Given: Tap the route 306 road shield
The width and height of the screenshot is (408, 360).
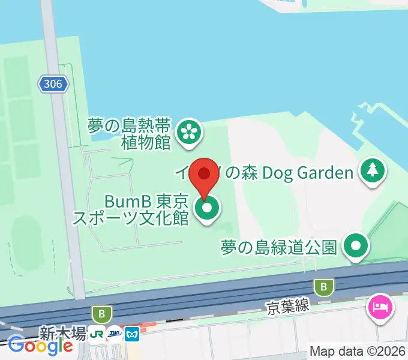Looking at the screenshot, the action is (x=53, y=84).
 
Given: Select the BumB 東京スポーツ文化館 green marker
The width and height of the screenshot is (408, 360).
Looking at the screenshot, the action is (x=207, y=210).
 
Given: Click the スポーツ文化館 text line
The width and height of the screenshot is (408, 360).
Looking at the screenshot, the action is (x=131, y=217).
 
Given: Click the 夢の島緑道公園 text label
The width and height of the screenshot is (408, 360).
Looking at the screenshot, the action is (x=278, y=247).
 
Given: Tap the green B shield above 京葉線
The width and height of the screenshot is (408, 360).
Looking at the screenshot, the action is (x=325, y=287).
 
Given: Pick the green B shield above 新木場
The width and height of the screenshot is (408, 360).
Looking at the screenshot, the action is (x=102, y=314).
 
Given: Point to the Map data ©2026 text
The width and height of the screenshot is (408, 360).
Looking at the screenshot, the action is (x=358, y=352).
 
